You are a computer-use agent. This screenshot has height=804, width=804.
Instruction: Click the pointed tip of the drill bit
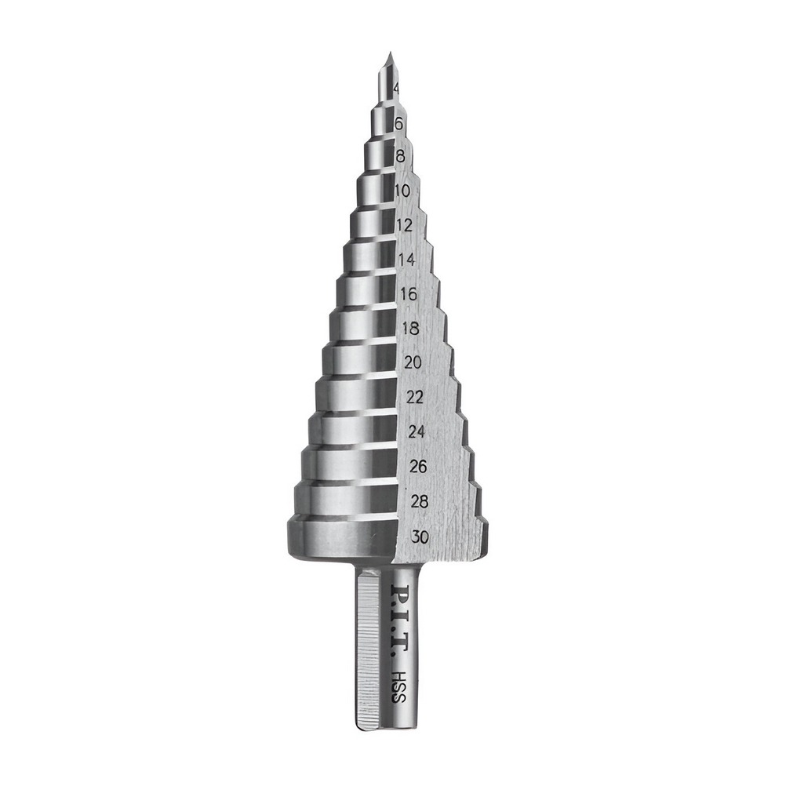click(389, 52)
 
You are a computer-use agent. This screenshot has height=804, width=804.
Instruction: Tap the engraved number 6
click(399, 124)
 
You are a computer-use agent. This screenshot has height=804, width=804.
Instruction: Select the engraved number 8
click(401, 156)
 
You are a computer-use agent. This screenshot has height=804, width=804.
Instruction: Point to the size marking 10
click(402, 191)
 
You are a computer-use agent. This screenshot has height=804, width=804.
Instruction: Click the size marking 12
click(405, 225)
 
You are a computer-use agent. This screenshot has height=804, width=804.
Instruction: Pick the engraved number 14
click(406, 260)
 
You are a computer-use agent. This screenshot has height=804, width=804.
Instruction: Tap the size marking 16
click(409, 294)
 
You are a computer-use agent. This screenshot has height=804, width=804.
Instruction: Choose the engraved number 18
click(411, 328)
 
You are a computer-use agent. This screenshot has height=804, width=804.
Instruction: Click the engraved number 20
click(413, 362)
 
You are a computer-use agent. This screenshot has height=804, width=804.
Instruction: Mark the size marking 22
click(415, 397)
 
